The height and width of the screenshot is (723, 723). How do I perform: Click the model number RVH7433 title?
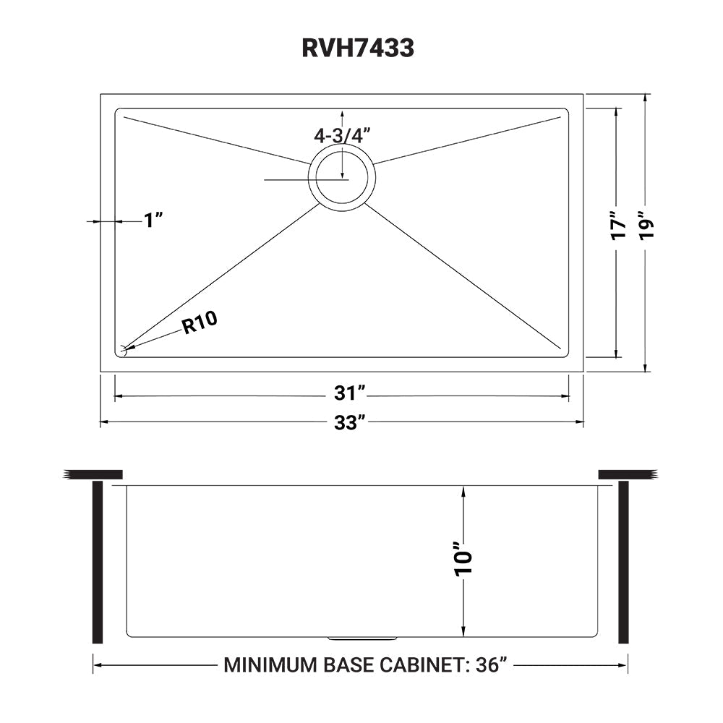click(358, 48)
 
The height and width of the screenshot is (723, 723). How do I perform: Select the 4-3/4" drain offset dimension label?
click(341, 135)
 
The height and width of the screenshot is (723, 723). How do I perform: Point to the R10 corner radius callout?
click(200, 323)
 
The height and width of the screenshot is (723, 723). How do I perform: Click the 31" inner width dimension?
click(350, 395)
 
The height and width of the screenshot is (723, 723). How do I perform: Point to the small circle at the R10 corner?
click(123, 351)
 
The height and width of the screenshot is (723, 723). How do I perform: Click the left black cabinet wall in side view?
click(97, 563)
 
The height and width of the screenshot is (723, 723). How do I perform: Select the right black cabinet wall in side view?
click(623, 563)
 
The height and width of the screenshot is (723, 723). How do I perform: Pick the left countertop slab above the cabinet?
click(95, 474)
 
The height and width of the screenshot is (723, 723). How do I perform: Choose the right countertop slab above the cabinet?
click(627, 474)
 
